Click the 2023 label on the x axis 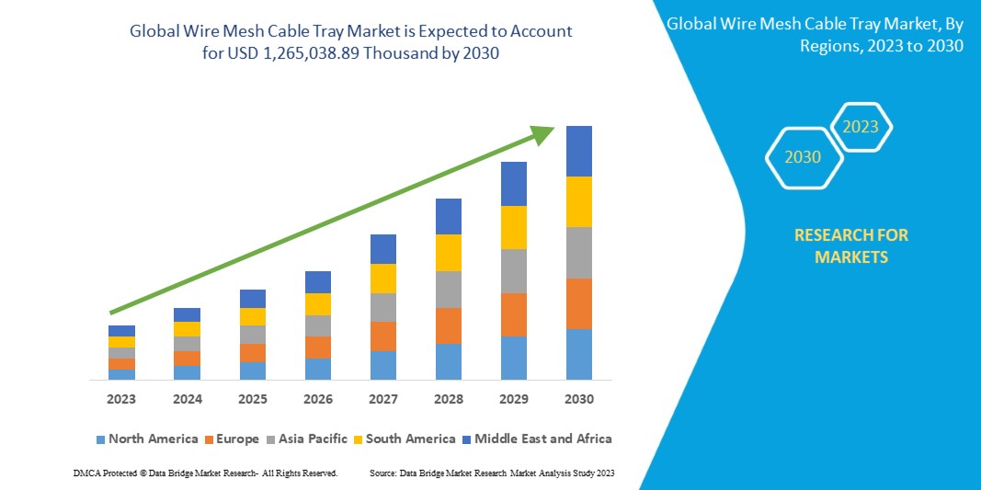[x=121, y=399]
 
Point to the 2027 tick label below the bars [x=383, y=399]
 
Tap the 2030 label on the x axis [x=579, y=399]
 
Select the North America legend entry [x=146, y=439]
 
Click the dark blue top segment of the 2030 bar [x=579, y=151]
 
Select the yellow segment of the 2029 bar [x=514, y=227]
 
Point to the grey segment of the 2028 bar [x=449, y=289]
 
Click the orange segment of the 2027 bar [x=383, y=336]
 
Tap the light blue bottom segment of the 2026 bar [x=318, y=369]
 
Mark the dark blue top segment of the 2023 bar [x=121, y=330]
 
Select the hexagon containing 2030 [x=803, y=157]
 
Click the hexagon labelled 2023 [x=861, y=127]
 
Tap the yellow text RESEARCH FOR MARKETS [x=850, y=246]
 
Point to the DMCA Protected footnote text [x=204, y=473]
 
